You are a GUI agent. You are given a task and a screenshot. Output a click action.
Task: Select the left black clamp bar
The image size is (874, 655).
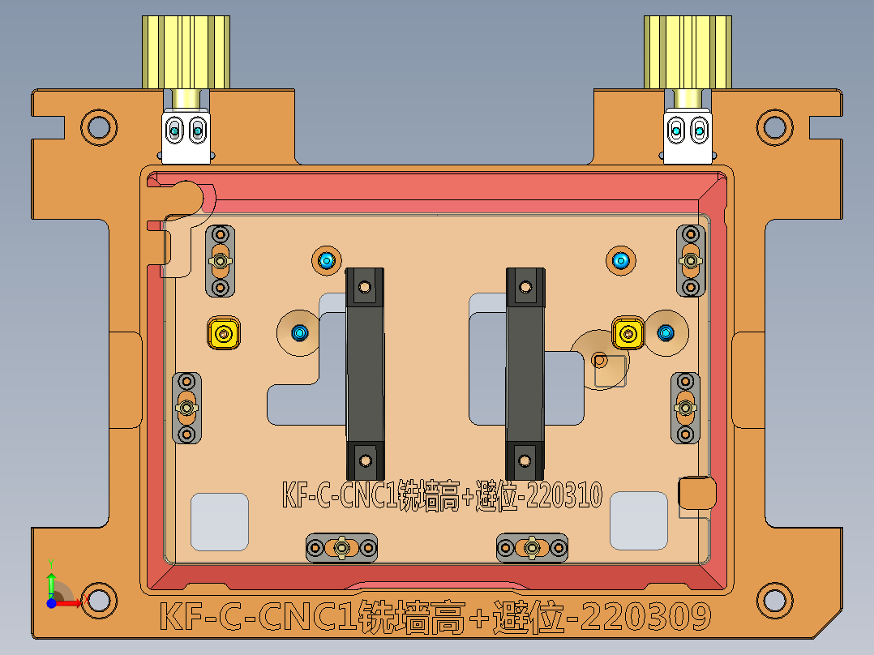[365, 373]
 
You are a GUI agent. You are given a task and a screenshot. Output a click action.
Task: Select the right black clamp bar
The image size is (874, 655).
[525, 373]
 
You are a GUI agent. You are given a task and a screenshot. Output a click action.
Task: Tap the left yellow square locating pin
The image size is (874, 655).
[224, 332]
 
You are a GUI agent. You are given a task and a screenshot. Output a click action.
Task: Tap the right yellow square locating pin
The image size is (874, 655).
[627, 332]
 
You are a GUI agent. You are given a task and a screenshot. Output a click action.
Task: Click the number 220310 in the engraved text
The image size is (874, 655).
[563, 494]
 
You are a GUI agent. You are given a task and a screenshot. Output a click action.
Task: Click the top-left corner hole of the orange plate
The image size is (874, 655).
[99, 126]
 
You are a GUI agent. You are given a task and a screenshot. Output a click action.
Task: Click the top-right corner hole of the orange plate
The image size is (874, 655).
[774, 126]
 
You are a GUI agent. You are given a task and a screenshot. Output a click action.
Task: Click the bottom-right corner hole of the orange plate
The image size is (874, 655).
[774, 601]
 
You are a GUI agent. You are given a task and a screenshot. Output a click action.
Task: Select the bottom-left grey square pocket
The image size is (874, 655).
[219, 522]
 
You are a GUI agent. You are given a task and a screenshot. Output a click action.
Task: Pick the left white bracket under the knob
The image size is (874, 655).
[186, 130]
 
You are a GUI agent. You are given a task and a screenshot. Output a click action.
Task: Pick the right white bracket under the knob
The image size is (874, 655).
[688, 130]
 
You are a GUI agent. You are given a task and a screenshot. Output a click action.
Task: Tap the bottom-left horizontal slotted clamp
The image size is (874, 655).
[342, 548]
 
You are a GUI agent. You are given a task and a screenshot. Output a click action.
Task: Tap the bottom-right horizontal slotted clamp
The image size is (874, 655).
[532, 548]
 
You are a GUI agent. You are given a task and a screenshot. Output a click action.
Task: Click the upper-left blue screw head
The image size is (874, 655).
[327, 260]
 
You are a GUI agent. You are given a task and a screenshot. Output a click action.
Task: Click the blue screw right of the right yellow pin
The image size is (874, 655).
[666, 332]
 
